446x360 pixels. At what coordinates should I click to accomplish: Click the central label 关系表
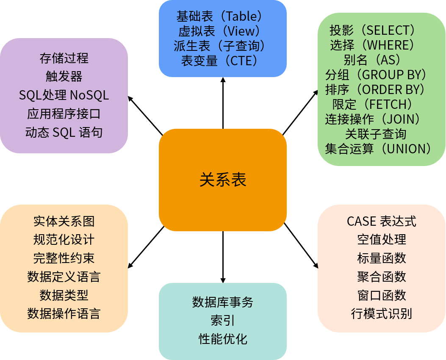coord(223,180)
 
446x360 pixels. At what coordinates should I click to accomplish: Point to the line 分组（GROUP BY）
coord(376,75)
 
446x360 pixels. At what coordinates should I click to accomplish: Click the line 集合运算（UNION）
coord(378,149)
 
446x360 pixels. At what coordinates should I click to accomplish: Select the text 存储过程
coord(64,58)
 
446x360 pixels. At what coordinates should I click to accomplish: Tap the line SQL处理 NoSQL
coord(64,95)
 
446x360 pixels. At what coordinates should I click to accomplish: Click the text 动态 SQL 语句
coord(64,132)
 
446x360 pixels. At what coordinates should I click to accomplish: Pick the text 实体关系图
coord(64,221)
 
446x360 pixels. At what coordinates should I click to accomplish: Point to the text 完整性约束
coord(64,258)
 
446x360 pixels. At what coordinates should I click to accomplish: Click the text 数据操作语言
coord(64,314)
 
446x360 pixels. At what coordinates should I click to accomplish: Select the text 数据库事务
coord(223,302)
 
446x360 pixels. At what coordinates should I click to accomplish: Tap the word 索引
coord(223,321)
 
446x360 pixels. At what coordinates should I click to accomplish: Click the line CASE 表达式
coord(382,221)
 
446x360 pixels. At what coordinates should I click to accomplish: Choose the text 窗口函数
coord(382,295)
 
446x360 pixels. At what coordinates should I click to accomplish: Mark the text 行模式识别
coord(382,314)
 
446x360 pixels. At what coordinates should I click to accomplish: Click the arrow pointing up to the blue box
coord(223,103)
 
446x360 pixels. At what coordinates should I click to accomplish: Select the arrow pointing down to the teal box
coord(223,257)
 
